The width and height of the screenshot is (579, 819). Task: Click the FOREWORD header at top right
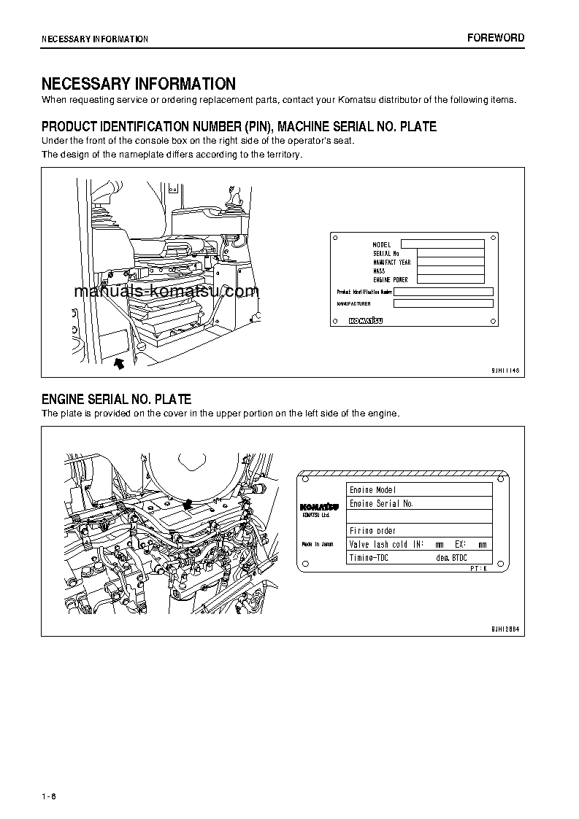(x=496, y=38)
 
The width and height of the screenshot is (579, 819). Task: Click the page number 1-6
(x=49, y=796)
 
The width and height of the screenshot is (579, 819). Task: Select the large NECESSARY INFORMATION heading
(x=138, y=84)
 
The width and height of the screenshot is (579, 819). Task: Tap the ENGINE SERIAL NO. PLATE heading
(x=116, y=399)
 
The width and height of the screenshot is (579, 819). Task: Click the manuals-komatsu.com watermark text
(x=166, y=292)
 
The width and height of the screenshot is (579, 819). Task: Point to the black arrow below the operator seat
(x=120, y=361)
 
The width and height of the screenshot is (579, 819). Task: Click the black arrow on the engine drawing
(x=188, y=503)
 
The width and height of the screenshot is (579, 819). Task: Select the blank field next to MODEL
(x=442, y=244)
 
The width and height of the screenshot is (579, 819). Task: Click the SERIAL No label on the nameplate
(x=386, y=253)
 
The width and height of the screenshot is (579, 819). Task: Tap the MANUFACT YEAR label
(x=391, y=262)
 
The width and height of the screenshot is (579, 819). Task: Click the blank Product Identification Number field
(x=443, y=291)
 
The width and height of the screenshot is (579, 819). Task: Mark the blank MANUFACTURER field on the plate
(x=443, y=303)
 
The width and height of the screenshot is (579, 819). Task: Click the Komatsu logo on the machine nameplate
(x=365, y=320)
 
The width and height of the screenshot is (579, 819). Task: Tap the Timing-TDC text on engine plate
(x=369, y=558)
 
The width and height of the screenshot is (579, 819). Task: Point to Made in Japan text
(x=318, y=544)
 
